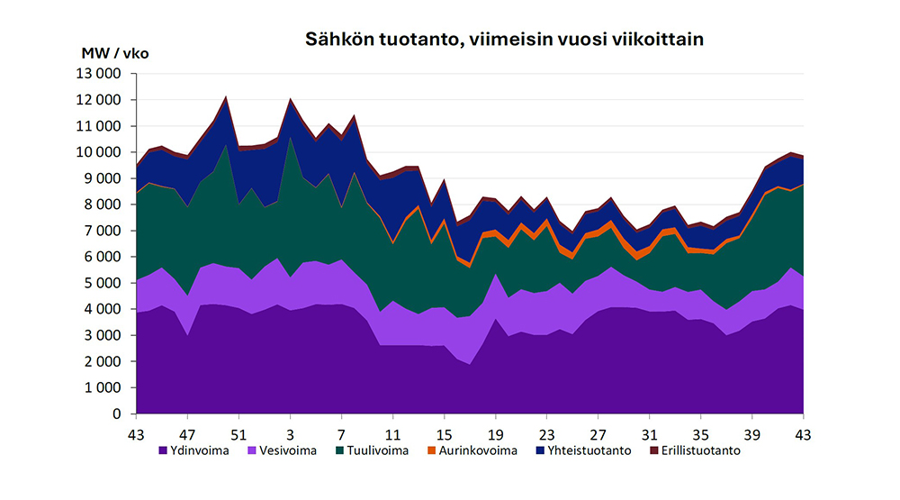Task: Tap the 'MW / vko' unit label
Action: pyautogui.click(x=115, y=53)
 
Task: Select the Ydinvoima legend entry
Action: pyautogui.click(x=194, y=450)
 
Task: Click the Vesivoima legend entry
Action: pyautogui.click(x=283, y=450)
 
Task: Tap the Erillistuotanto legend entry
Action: pyautogui.click(x=697, y=450)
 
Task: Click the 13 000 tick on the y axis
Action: pyautogui.click(x=100, y=73)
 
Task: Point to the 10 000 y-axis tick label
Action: pyautogui.click(x=100, y=152)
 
